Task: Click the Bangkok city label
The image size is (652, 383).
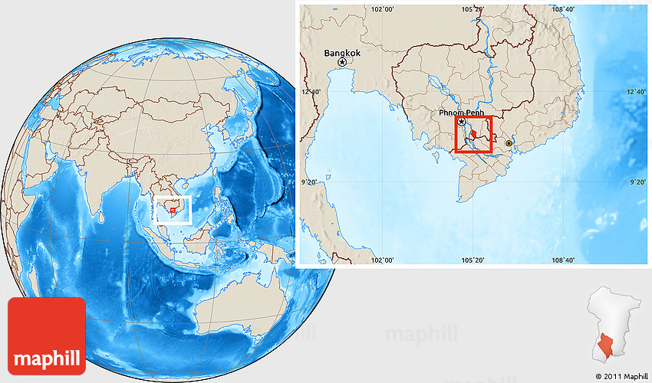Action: pyautogui.click(x=341, y=53)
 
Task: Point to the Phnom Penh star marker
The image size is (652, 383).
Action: pyautogui.click(x=461, y=122)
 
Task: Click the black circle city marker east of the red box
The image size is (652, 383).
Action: pyautogui.click(x=509, y=142)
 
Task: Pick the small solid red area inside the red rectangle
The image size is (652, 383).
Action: pyautogui.click(x=474, y=135)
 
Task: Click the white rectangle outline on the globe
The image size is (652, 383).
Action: pyautogui.click(x=173, y=209)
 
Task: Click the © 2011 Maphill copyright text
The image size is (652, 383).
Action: pyautogui.click(x=622, y=375)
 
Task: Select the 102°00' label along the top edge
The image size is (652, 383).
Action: pyautogui.click(x=382, y=9)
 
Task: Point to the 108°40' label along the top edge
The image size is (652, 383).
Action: pyautogui.click(x=563, y=9)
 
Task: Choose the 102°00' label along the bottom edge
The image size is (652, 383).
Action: pyautogui.click(x=382, y=260)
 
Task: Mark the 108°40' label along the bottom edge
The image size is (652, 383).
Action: pyautogui.click(x=563, y=260)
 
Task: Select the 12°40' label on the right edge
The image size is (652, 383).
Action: pyautogui.click(x=637, y=91)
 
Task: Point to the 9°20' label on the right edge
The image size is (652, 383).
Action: pyautogui.click(x=638, y=182)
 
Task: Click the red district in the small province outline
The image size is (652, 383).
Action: pyautogui.click(x=605, y=349)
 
